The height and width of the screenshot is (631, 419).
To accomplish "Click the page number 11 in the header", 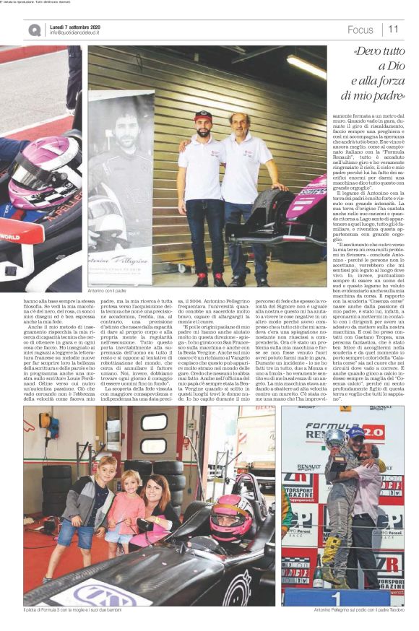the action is click(x=394, y=30).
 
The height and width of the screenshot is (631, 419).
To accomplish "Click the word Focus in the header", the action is click(x=360, y=30).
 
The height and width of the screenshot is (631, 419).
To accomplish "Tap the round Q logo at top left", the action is click(x=35, y=30).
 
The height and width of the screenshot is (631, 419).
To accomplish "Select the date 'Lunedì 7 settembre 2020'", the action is click(x=74, y=26).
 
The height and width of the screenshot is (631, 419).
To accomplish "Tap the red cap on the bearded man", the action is click(x=204, y=115).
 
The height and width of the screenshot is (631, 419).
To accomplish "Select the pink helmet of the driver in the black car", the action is click(x=230, y=514).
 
